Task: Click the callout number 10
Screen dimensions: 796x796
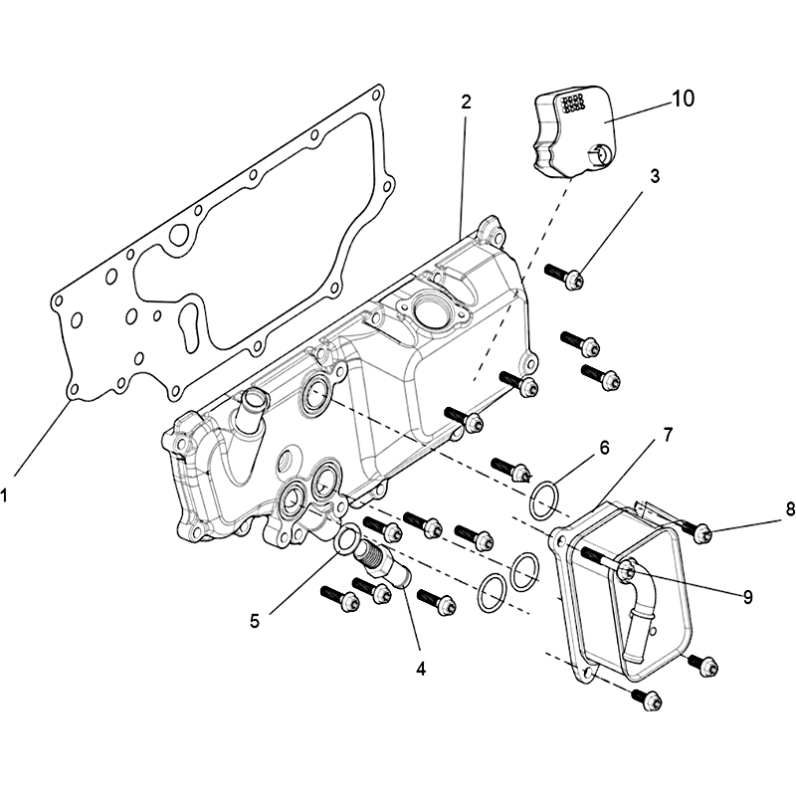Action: click(x=683, y=99)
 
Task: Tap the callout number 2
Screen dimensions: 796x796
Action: click(x=466, y=101)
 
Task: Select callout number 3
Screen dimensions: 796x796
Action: click(x=655, y=176)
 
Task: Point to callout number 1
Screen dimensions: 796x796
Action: click(x=4, y=495)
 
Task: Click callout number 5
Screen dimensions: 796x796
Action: click(x=255, y=620)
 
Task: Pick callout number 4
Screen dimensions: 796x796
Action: click(x=421, y=669)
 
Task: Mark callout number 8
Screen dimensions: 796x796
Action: click(x=790, y=509)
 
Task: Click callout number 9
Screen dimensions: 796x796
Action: click(x=748, y=597)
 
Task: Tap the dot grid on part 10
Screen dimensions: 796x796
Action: click(x=571, y=102)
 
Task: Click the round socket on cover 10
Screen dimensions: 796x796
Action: click(x=600, y=153)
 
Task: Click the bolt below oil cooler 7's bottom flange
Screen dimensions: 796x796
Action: click(x=648, y=700)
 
